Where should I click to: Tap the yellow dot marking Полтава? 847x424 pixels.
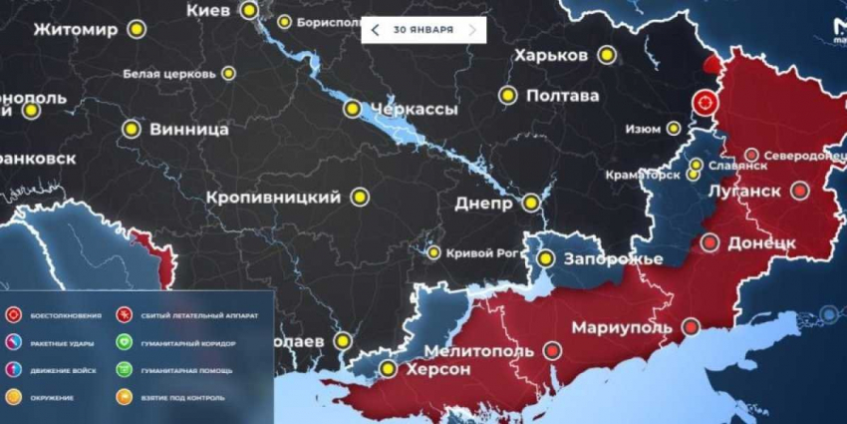point(507,96)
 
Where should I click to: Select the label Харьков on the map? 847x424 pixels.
point(550,56)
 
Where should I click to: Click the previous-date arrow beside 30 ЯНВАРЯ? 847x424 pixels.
point(375,30)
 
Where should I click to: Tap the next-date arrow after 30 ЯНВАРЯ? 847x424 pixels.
point(472,30)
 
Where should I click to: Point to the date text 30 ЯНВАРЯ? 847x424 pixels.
point(423,30)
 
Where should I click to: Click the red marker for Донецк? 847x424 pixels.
point(709,242)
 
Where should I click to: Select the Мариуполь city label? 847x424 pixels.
point(624,327)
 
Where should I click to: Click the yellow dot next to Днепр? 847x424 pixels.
point(532,203)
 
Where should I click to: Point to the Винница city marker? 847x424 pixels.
point(131,129)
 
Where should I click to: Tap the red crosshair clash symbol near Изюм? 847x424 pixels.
point(706,102)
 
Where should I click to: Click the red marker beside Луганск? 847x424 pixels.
point(799,191)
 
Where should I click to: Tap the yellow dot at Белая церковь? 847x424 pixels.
point(228,73)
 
